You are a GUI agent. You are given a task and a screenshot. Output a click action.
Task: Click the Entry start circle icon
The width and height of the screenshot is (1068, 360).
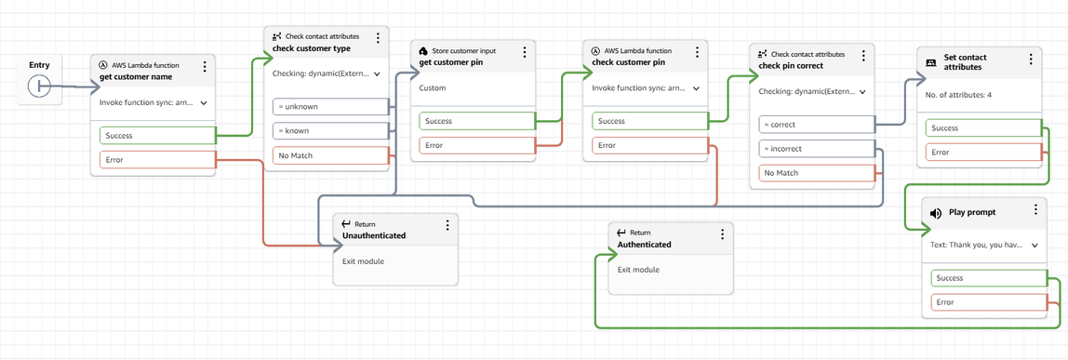(x=39, y=86)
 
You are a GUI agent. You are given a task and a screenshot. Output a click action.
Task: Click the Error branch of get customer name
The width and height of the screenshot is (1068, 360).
(x=156, y=160)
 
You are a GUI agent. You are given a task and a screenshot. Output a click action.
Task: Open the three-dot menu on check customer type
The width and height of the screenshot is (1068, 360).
(x=378, y=38)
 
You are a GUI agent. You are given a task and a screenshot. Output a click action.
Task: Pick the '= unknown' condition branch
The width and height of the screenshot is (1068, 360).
(x=328, y=106)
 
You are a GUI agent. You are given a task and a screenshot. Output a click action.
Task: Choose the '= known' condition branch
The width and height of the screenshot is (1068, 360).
(x=328, y=130)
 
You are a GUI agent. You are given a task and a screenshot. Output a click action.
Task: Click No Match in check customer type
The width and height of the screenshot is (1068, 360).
(x=328, y=155)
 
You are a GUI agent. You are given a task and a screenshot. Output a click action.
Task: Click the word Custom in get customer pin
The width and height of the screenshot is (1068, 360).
(x=433, y=88)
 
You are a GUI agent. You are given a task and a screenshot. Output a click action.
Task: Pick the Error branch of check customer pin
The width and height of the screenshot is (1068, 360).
(x=648, y=145)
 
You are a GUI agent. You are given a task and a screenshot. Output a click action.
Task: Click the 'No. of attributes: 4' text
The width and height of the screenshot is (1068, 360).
(x=958, y=96)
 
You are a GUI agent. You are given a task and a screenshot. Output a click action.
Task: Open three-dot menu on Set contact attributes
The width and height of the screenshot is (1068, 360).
(x=1031, y=60)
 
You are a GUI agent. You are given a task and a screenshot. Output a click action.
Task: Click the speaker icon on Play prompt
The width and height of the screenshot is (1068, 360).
(x=936, y=213)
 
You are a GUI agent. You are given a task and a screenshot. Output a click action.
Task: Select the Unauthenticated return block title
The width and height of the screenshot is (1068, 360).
(x=374, y=236)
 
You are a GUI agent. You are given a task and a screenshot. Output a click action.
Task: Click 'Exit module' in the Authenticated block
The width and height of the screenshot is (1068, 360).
(x=638, y=270)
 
